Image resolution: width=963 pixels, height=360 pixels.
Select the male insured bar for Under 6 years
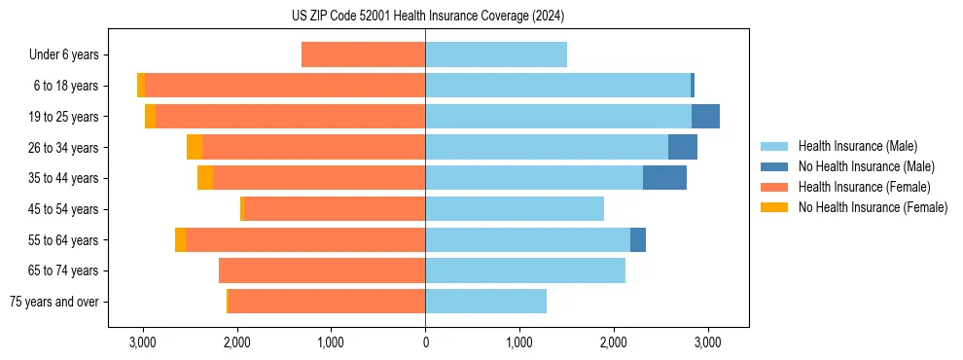(x=495, y=54)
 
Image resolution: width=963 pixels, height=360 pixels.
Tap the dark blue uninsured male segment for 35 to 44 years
(x=664, y=178)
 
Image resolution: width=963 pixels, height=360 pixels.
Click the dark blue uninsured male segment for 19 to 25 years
(x=705, y=116)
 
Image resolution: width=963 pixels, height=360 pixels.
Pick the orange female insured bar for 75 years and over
(x=326, y=302)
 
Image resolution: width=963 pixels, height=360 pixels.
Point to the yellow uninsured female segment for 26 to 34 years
(x=195, y=147)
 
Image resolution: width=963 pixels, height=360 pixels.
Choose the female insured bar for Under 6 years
(x=363, y=54)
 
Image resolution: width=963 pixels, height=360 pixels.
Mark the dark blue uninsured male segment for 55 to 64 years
(x=638, y=239)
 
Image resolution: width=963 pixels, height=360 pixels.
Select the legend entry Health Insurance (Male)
(x=857, y=146)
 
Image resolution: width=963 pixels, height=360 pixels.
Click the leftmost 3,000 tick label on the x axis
(x=143, y=343)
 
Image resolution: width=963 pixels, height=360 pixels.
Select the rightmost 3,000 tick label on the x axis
(x=707, y=343)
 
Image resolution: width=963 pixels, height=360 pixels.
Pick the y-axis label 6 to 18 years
(x=66, y=86)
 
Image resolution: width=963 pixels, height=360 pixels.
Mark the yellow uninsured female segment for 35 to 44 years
(x=205, y=178)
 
